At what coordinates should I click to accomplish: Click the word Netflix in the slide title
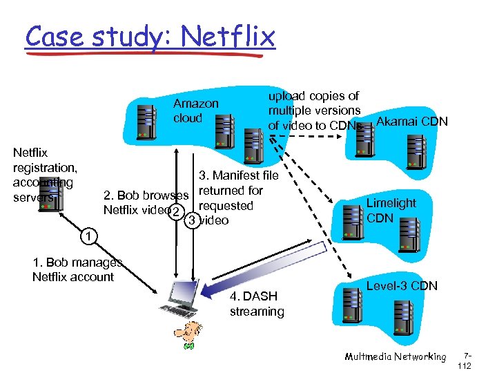[x=235, y=36]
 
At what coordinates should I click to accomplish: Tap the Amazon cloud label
[x=195, y=111]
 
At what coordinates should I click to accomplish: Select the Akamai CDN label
[x=412, y=122]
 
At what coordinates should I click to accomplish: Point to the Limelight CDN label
[x=391, y=210]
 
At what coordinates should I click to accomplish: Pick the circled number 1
[x=84, y=238]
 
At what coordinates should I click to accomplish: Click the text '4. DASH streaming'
[x=256, y=304]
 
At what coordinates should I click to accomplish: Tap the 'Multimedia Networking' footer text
[x=396, y=356]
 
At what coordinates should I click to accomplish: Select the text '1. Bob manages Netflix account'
[x=77, y=269]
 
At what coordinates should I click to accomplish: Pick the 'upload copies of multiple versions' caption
[x=314, y=103]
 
